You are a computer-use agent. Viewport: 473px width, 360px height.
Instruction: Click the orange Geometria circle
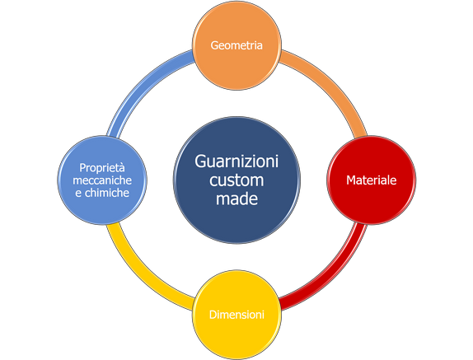[x=236, y=45]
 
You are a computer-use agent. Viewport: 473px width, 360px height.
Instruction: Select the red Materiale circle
[x=372, y=180]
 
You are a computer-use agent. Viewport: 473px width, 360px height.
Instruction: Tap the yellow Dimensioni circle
[x=236, y=315]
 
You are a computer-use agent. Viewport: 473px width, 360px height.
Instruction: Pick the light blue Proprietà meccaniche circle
[x=102, y=180]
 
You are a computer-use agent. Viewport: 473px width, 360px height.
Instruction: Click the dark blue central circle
[x=236, y=180]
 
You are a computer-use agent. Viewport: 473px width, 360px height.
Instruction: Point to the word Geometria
[x=236, y=45]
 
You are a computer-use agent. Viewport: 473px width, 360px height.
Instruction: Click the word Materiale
[x=372, y=180]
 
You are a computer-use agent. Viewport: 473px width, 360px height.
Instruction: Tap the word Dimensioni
[x=236, y=315]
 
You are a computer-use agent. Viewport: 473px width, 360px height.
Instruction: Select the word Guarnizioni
[x=236, y=161]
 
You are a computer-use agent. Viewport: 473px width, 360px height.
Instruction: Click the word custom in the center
[x=236, y=180]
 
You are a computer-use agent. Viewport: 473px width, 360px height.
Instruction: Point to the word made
[x=236, y=199]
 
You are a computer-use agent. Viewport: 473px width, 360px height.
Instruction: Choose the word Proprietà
[x=102, y=168]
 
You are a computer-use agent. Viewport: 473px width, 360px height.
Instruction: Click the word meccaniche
[x=102, y=180]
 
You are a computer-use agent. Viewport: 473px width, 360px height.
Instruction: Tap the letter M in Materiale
[x=351, y=180]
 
